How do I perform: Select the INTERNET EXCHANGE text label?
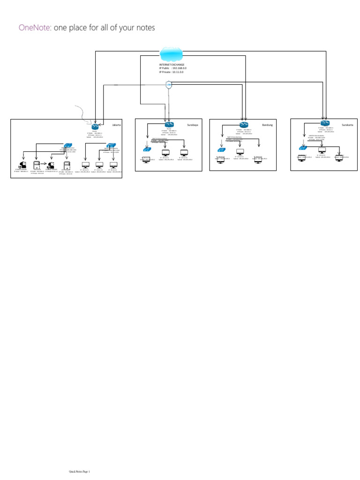pos(172,65)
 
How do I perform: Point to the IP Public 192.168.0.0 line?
pos(172,68)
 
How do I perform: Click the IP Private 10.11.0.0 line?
pos(171,72)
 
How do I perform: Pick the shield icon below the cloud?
pos(169,85)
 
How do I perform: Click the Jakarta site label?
pos(116,125)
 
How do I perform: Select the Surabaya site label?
pos(192,125)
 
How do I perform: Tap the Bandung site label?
pos(267,125)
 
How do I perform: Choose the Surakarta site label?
pos(347,125)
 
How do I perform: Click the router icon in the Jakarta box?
pos(95,127)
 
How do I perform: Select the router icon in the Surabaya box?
pos(169,125)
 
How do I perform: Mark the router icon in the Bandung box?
pos(244,125)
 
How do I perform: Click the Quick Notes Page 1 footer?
pos(79,472)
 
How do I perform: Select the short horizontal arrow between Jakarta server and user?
pos(42,165)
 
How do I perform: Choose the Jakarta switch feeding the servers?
pos(69,146)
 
